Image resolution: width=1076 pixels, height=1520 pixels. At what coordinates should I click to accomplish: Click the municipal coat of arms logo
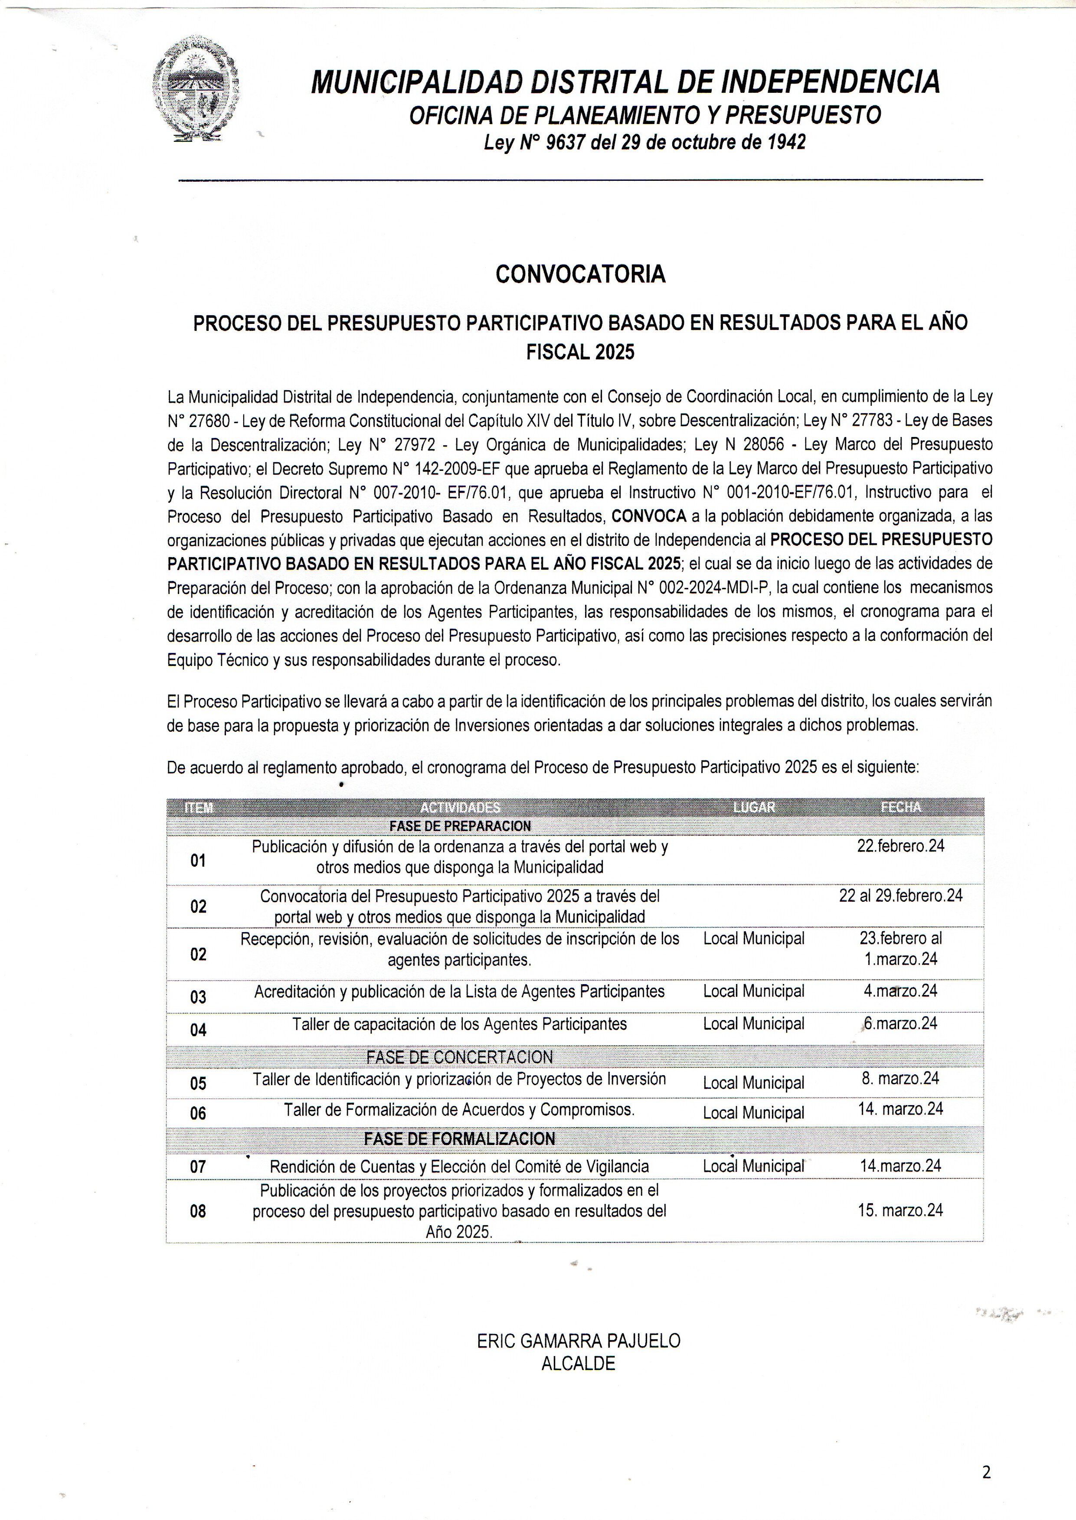(x=196, y=89)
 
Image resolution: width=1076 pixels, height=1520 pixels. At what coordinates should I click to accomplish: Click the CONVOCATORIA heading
(x=580, y=274)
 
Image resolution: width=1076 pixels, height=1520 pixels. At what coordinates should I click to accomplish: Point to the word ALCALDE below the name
(x=579, y=1363)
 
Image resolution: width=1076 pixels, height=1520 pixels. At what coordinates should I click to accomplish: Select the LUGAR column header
(x=754, y=807)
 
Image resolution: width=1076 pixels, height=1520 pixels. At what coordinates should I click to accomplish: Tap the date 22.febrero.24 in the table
(x=900, y=846)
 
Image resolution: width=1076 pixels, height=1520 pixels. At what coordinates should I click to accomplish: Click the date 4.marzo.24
(x=900, y=991)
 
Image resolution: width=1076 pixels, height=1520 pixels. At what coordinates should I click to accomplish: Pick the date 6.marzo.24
(x=900, y=1023)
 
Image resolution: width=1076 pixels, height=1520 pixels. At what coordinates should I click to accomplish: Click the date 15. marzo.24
(x=900, y=1210)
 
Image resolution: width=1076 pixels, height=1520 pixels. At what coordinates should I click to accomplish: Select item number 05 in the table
(x=198, y=1083)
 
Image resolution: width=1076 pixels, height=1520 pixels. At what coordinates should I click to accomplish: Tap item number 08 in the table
(x=198, y=1211)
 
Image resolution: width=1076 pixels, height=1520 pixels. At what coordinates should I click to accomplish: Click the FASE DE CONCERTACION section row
(x=459, y=1057)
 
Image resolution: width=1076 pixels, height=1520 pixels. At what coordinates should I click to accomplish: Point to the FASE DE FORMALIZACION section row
(x=459, y=1138)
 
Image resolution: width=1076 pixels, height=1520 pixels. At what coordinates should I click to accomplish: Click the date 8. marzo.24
(x=900, y=1078)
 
